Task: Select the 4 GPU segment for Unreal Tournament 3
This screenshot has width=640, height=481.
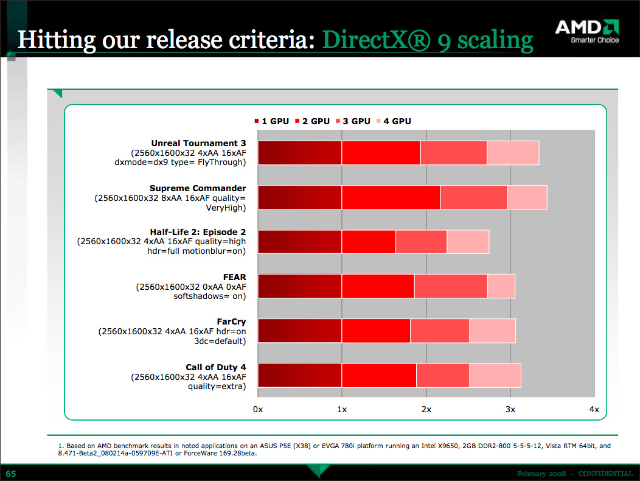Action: coord(513,152)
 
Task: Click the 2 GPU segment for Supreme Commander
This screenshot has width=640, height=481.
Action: coord(391,197)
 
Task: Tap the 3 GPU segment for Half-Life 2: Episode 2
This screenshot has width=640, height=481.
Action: coord(421,242)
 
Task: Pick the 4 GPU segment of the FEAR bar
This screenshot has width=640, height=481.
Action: coord(501,286)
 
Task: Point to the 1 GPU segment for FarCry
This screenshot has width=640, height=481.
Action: coord(299,331)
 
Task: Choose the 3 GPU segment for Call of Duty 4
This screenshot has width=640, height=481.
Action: coord(442,375)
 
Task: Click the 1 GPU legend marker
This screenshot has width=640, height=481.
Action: coord(258,121)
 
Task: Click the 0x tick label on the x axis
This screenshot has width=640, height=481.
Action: coord(258,410)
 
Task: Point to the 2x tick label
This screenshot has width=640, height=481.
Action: coord(426,410)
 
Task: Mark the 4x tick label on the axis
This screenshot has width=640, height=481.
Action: coord(594,410)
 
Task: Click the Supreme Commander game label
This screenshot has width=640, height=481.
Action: coord(198,188)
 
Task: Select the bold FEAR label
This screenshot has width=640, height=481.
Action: coord(234,276)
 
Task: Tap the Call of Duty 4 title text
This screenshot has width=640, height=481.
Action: coord(215,367)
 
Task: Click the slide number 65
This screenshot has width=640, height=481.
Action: coord(12,473)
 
